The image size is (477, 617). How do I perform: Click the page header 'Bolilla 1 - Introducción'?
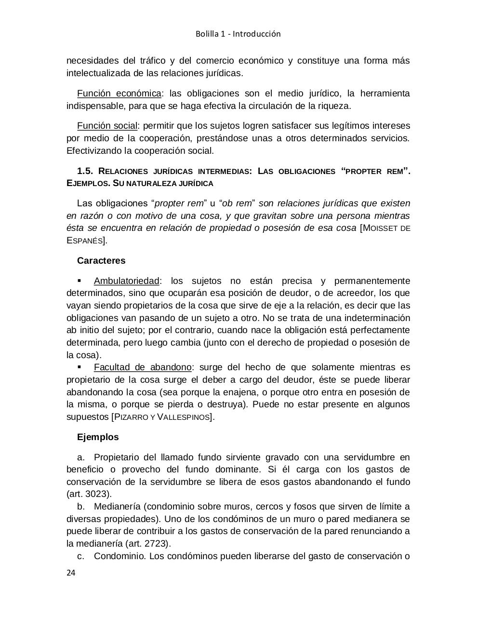(x=238, y=34)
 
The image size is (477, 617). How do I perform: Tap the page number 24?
(x=71, y=573)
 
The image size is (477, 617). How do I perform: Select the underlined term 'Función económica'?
(x=119, y=93)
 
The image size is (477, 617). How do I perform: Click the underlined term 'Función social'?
(x=107, y=126)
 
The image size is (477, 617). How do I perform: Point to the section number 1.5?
(x=87, y=171)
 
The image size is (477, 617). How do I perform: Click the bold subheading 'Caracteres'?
(x=101, y=261)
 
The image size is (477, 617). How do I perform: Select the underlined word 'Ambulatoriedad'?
(x=126, y=281)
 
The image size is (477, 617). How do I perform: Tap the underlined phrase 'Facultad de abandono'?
(x=143, y=367)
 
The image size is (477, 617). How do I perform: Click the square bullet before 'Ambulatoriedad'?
(x=79, y=281)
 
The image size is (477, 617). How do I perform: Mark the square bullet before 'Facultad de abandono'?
(x=79, y=367)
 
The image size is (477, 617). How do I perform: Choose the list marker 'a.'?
(x=81, y=457)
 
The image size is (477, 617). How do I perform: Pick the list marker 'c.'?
(x=81, y=556)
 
